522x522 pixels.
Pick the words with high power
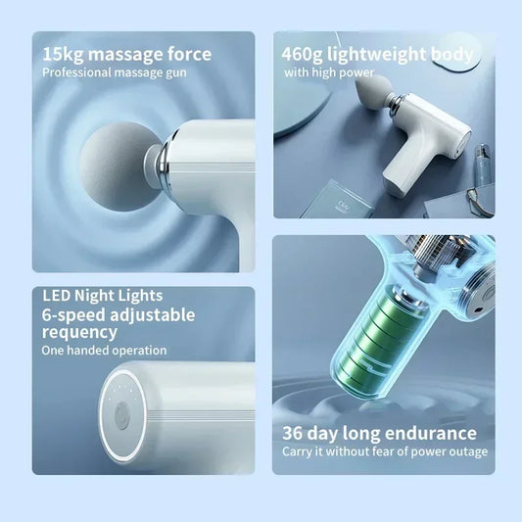[x=329, y=72]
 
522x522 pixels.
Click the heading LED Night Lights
[x=103, y=295]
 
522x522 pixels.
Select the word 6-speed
[x=74, y=314]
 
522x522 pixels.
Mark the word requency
[x=80, y=333]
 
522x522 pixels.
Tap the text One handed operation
[x=105, y=351]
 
